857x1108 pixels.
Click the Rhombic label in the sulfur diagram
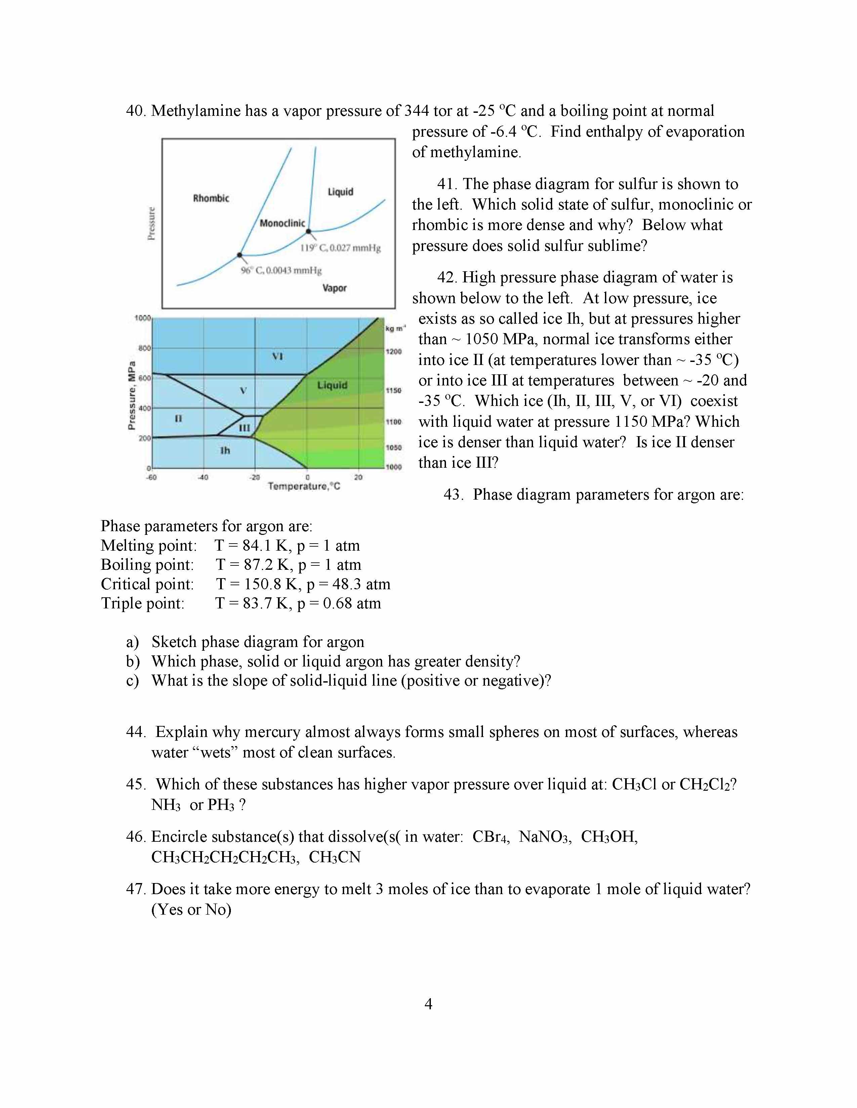211,198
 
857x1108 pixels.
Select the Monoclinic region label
282,223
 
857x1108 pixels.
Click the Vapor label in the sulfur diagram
334,288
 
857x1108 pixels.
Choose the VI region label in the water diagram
277,356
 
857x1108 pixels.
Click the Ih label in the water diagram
225,450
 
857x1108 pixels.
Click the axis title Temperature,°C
303,487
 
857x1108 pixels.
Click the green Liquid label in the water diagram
332,385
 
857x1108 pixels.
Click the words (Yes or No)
192,910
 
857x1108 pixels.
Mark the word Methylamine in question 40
196,110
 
